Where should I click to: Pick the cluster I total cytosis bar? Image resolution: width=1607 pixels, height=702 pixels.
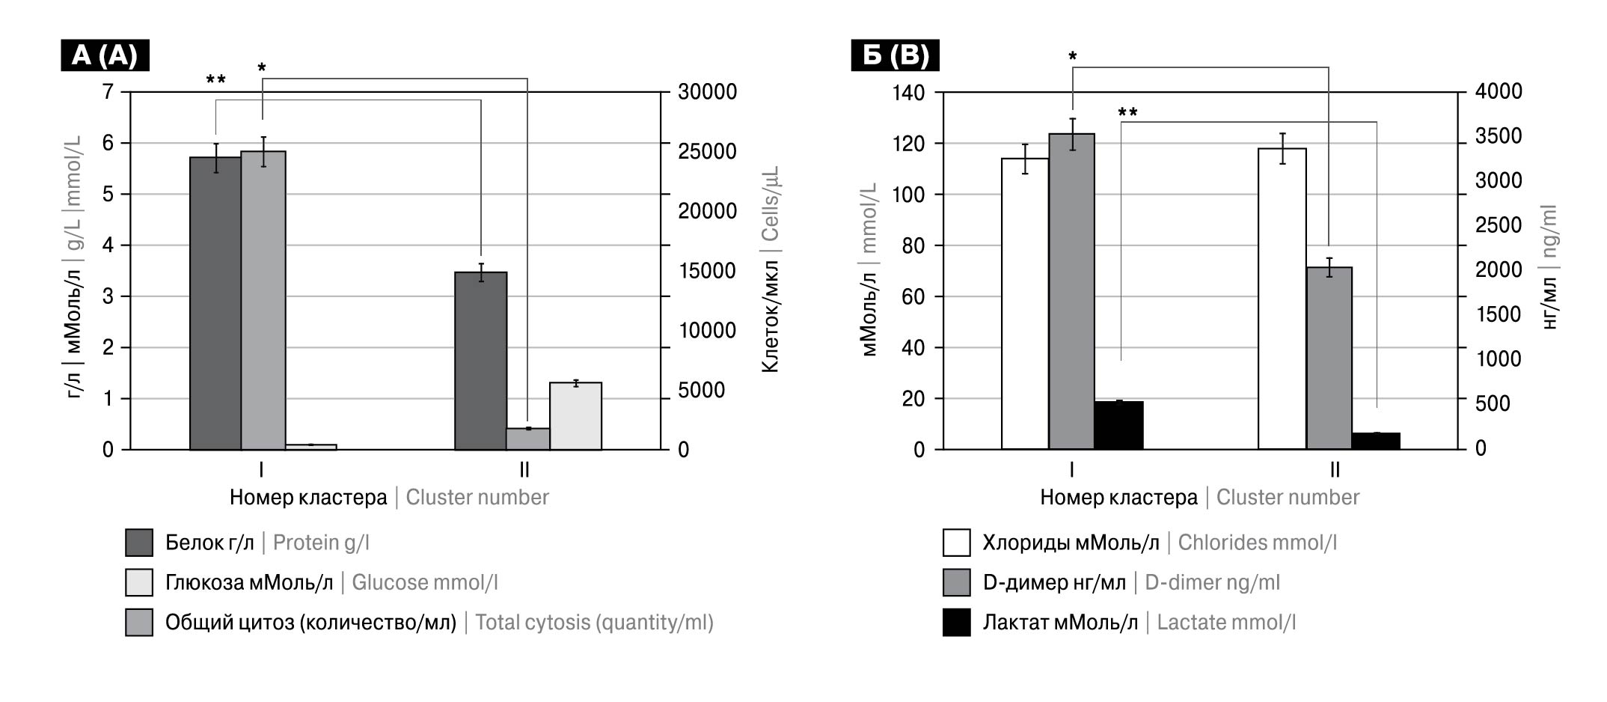point(263,300)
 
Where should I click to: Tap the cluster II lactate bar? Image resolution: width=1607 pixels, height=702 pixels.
point(1376,441)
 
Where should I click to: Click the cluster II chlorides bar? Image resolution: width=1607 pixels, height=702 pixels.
point(1282,299)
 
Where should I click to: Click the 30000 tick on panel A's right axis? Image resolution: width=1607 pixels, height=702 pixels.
point(707,92)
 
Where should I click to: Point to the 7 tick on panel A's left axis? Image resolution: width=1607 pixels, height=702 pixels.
point(108,92)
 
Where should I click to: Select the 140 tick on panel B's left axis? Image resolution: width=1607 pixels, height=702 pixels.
point(908,93)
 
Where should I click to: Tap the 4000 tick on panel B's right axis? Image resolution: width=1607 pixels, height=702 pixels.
point(1498,91)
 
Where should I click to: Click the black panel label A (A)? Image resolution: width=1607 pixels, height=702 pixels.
point(105,55)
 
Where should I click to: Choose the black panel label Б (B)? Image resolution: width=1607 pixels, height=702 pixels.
point(895,55)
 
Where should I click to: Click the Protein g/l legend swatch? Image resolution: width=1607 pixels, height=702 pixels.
point(139,543)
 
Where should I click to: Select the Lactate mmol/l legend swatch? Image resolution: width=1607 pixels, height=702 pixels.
point(956,623)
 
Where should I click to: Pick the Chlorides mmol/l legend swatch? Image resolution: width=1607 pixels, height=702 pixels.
point(956,543)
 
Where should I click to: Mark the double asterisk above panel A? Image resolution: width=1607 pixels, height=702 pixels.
point(215,79)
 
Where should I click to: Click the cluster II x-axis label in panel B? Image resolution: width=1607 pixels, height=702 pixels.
point(1335,470)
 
